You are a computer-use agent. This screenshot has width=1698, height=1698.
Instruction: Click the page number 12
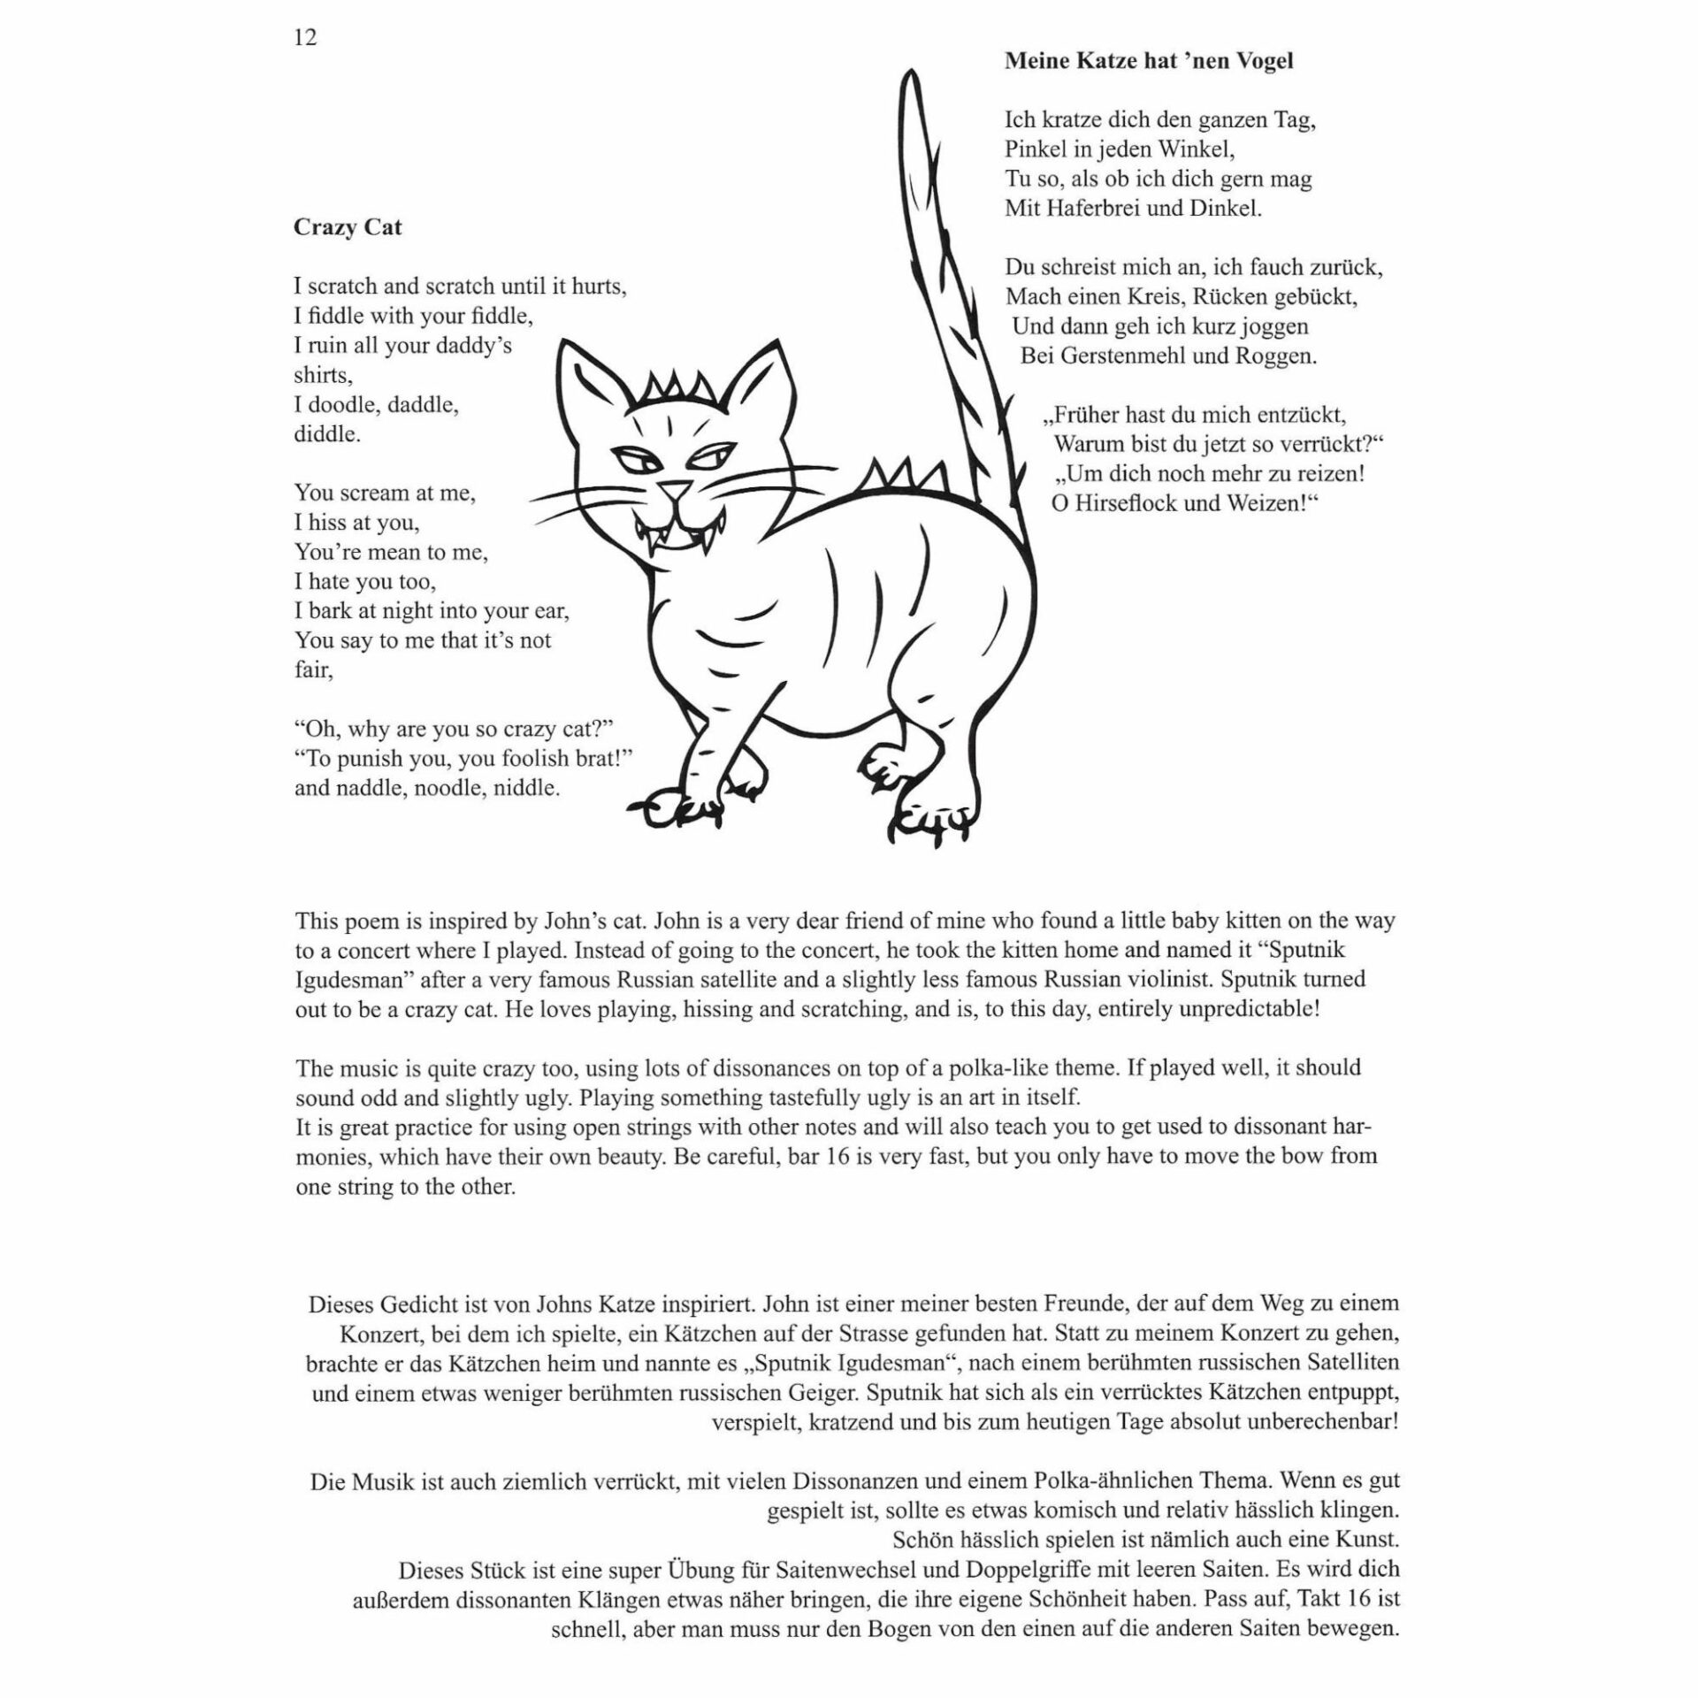(x=305, y=38)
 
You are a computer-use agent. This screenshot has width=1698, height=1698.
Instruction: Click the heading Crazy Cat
(x=348, y=227)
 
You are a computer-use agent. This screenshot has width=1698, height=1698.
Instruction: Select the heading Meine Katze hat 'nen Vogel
(x=1149, y=61)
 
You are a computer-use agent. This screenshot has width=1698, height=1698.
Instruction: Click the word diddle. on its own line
(x=327, y=435)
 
